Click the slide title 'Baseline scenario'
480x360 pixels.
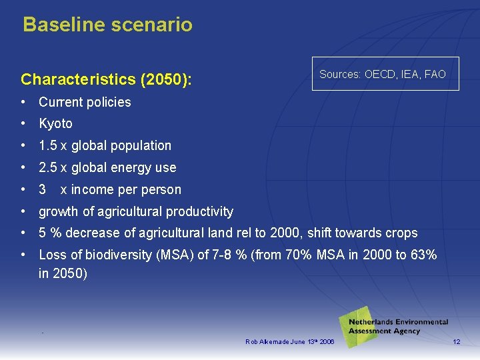tap(107, 25)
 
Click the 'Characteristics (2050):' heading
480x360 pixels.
tap(106, 80)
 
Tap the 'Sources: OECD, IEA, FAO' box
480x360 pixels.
tap(382, 75)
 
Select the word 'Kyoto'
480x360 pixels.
tap(55, 124)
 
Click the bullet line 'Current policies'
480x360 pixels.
tap(85, 103)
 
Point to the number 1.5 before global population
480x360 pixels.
tap(47, 146)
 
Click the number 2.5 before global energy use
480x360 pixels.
tap(47, 168)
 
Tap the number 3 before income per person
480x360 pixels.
tap(43, 190)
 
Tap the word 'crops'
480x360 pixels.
tap(401, 233)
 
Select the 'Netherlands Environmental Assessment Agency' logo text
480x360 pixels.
tap(398, 327)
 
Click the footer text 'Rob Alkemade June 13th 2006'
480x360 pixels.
tap(289, 342)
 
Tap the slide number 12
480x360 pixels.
tap(456, 342)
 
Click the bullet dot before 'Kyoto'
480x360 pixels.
tap(23, 124)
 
